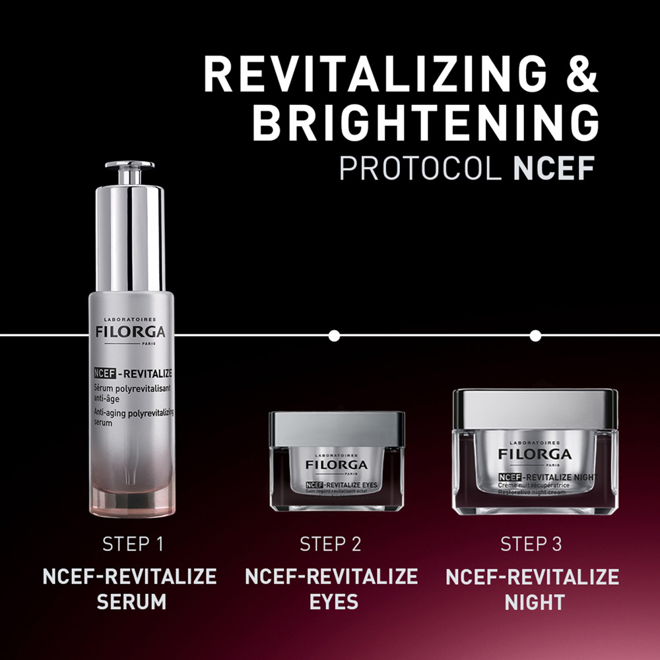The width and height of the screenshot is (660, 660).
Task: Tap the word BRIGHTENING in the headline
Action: click(426, 122)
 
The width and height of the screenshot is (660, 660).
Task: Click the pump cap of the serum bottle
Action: click(129, 172)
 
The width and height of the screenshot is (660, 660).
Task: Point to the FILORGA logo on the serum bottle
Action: click(130, 331)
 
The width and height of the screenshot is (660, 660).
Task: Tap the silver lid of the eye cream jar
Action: click(337, 428)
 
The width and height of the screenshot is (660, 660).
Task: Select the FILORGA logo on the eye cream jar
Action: click(337, 465)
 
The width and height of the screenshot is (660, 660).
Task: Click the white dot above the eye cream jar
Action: click(334, 336)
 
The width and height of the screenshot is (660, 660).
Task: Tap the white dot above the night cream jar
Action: click(535, 336)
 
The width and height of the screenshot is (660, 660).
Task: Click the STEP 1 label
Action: click(132, 544)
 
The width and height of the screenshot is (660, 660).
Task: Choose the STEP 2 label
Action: click(331, 544)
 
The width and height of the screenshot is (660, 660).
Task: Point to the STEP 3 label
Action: click(532, 544)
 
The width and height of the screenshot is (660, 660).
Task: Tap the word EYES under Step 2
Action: click(331, 602)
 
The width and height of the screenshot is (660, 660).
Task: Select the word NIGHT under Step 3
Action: click(534, 602)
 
